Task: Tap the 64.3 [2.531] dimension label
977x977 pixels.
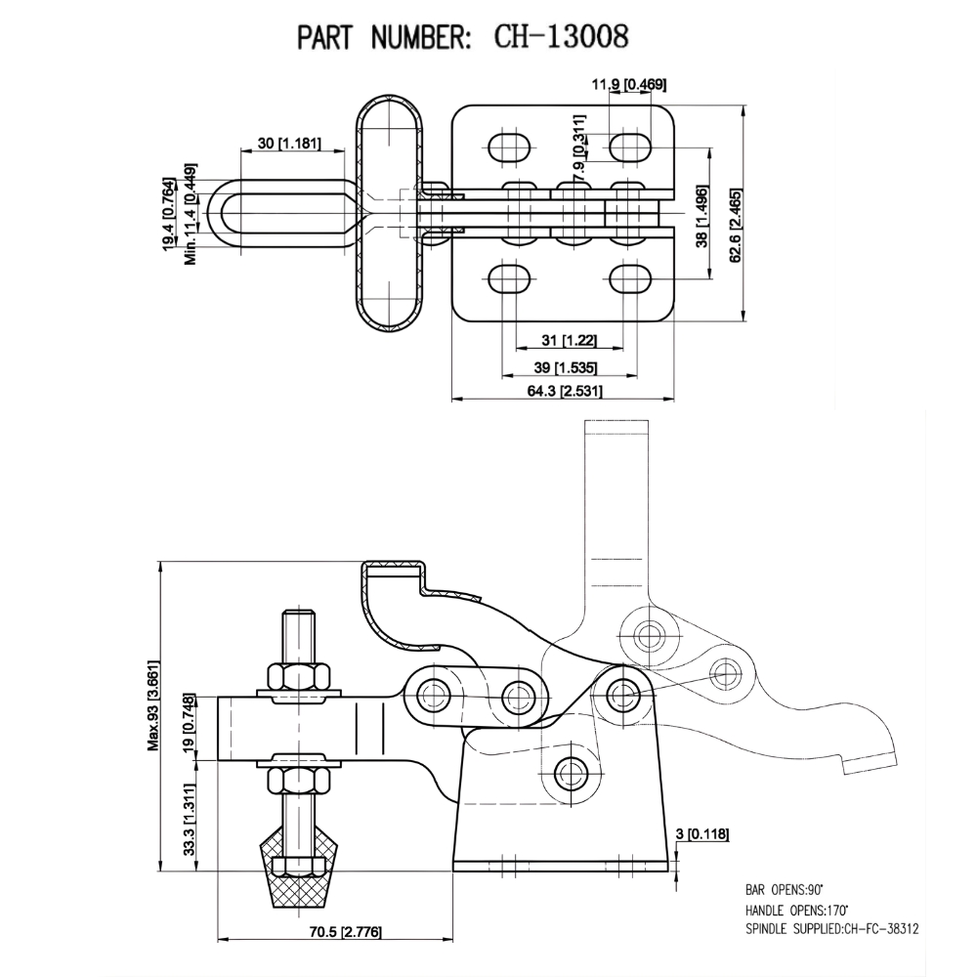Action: pyautogui.click(x=564, y=391)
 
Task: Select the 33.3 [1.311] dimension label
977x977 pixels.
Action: pyautogui.click(x=189, y=820)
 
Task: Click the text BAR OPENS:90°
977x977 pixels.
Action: pyautogui.click(x=785, y=891)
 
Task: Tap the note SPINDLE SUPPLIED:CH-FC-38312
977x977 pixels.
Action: pyautogui.click(x=831, y=929)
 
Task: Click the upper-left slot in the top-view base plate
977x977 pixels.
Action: pyautogui.click(x=508, y=149)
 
